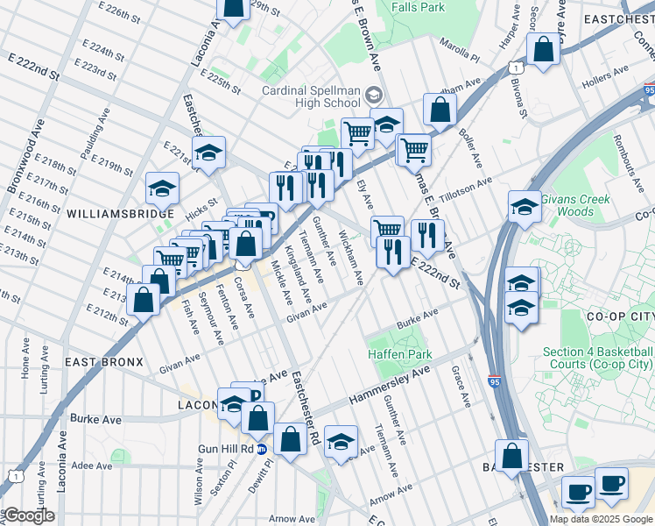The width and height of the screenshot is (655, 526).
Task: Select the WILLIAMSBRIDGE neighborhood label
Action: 113,213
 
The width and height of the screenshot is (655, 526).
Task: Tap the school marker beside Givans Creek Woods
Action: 524,208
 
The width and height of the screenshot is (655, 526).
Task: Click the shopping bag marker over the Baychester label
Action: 513,456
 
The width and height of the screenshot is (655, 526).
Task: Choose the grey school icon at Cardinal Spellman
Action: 374,94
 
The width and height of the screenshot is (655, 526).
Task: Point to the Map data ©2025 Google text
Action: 601,519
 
